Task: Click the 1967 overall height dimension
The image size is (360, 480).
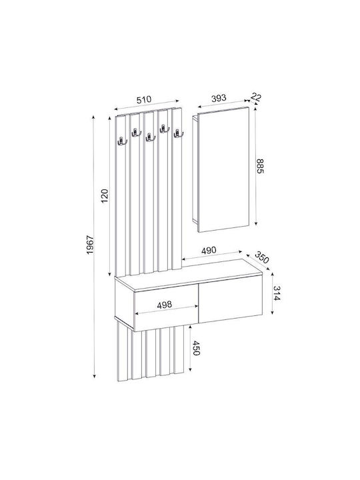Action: coord(90,245)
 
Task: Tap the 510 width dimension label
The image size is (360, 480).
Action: coord(144,99)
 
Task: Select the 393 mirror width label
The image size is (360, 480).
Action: coord(219,98)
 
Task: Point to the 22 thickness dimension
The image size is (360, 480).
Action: coord(255,97)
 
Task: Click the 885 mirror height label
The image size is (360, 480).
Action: coord(260,166)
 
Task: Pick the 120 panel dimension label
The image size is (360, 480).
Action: coord(105,196)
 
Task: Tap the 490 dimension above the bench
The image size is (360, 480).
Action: coord(209,251)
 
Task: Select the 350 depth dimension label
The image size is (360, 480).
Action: coord(262,257)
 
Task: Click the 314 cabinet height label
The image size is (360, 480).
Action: coord(277,293)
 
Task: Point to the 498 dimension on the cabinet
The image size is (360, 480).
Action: coord(165,305)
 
